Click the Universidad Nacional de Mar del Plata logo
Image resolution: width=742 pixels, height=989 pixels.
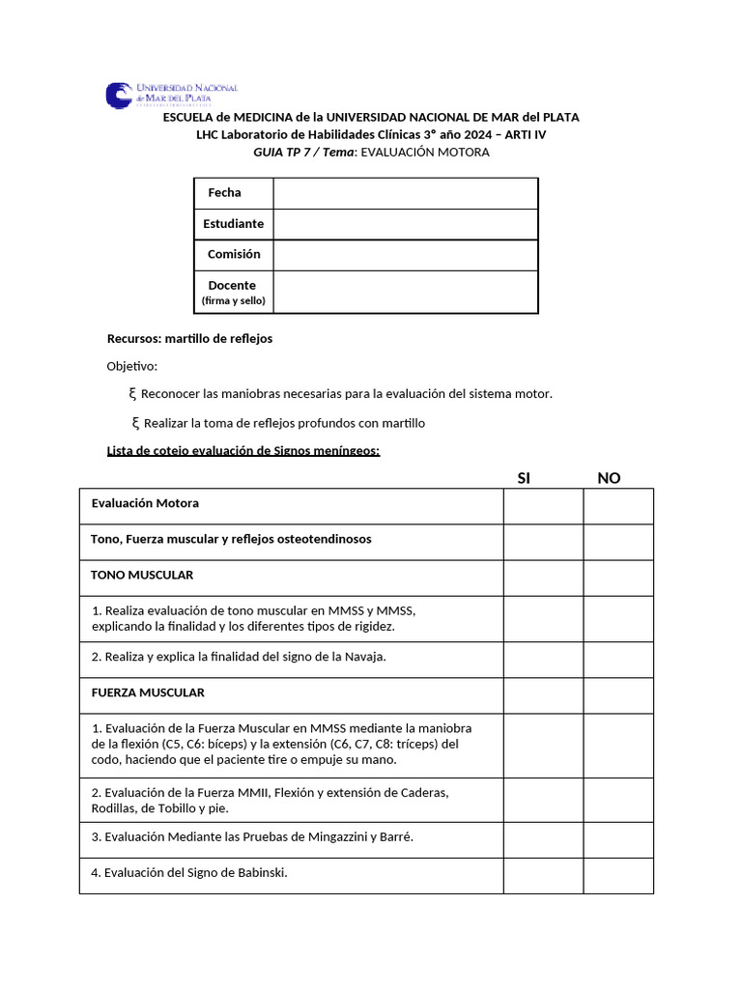point(171,95)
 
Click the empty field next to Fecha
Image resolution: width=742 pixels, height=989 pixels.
point(405,193)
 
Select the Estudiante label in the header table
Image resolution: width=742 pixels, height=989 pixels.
point(233,224)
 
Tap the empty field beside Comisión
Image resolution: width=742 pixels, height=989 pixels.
point(405,255)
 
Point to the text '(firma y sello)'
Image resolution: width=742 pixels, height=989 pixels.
point(233,301)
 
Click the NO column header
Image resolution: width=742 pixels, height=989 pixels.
point(609,478)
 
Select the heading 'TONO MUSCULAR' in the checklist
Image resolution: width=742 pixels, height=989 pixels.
point(142,575)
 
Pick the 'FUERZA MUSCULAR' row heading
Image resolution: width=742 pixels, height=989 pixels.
point(148,692)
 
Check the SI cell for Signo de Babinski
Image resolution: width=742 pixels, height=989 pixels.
point(542,873)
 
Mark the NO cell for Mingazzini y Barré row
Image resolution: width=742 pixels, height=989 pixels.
point(618,837)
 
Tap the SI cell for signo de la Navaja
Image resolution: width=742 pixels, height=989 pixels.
point(542,657)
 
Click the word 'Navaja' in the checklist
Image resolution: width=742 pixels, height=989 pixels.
point(364,657)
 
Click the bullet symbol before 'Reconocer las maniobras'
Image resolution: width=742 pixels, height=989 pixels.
point(132,394)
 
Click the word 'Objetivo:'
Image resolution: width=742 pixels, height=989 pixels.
point(131,367)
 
